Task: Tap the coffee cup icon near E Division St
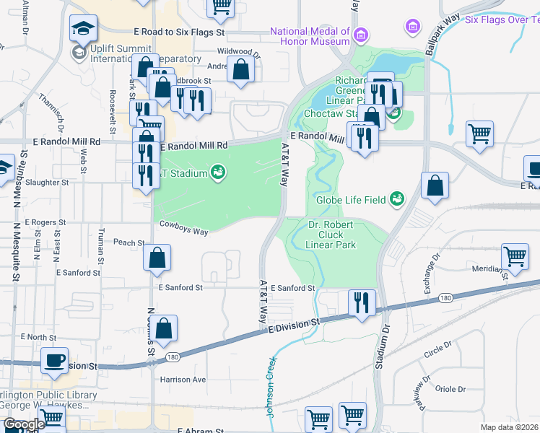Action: coord(55,360)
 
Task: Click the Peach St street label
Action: coord(129,243)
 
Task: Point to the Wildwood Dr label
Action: coord(238,53)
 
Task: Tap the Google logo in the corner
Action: coord(24,425)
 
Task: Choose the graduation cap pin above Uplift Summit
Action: coord(83,29)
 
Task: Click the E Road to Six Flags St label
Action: coord(180,32)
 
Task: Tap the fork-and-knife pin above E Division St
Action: coord(362,301)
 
